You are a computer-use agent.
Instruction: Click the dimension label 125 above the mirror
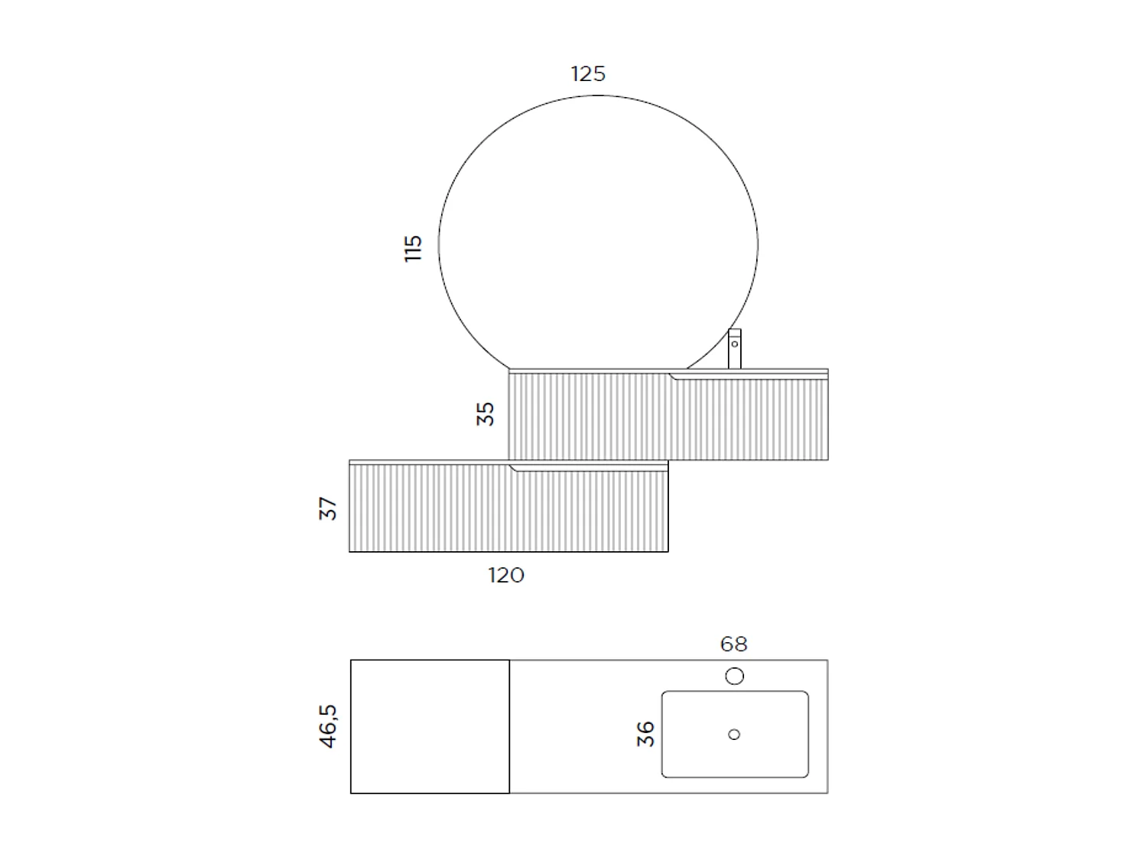tap(588, 74)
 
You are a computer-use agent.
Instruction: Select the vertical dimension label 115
tap(413, 248)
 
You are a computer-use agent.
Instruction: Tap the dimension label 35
tap(486, 414)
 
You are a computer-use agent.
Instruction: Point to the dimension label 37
tap(328, 508)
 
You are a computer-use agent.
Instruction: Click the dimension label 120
tap(506, 575)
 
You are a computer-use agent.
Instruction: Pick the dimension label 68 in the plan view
tap(733, 644)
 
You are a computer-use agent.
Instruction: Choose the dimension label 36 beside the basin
tap(646, 734)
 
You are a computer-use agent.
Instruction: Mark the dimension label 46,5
tap(328, 726)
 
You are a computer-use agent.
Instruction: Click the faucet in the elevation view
tap(734, 350)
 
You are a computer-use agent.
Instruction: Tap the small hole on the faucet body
tap(734, 343)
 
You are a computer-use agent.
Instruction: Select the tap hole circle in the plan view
tap(734, 676)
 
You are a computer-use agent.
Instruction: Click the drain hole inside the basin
tap(734, 735)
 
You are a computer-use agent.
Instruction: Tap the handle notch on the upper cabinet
tap(674, 376)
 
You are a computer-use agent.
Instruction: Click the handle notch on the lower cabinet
tap(514, 468)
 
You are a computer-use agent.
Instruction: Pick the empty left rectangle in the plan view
tap(430, 726)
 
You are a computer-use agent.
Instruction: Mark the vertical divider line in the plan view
tap(509, 726)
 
